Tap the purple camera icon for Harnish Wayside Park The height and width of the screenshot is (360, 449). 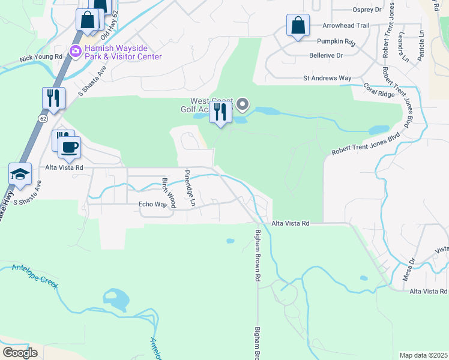click(76, 51)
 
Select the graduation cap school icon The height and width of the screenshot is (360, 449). click(20, 174)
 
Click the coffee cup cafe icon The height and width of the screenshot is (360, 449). click(69, 148)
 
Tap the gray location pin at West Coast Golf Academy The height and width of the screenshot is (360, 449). click(243, 105)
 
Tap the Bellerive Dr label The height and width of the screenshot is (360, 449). click(325, 55)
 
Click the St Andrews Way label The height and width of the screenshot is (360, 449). click(327, 78)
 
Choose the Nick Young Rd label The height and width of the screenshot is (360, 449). click(41, 58)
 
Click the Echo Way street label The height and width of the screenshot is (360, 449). click(152, 204)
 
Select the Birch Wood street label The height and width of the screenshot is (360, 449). click(168, 193)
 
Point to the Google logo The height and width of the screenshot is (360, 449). click(20, 352)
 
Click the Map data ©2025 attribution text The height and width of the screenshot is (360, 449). click(423, 355)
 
